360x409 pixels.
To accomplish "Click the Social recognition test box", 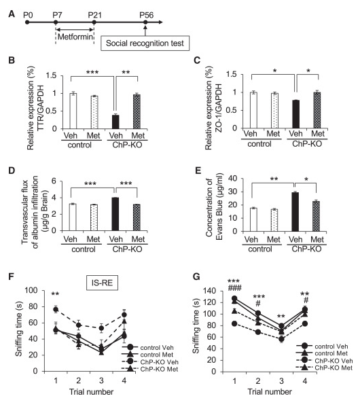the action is tap(145, 43).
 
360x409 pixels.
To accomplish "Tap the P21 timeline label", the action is tap(94, 15).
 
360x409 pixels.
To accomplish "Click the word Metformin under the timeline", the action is tap(75, 37).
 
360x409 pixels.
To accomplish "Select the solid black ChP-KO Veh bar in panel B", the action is tap(115, 122).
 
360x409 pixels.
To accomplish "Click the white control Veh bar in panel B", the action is tap(73, 111).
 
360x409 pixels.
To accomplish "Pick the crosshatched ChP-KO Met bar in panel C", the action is tap(317, 110).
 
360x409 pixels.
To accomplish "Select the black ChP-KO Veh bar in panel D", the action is tap(115, 214).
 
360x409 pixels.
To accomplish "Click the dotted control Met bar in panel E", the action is tap(274, 220).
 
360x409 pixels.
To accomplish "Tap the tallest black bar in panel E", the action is tap(295, 212).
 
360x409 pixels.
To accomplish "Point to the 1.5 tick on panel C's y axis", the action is tap(231, 74).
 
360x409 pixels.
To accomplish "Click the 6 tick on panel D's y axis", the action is tap(54, 181).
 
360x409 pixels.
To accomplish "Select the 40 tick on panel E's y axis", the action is tap(232, 179).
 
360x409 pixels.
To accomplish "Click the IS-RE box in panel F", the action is tap(102, 283).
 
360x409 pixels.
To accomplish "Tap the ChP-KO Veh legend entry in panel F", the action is tap(150, 362).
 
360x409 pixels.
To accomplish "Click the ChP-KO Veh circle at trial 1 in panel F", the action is tap(56, 310).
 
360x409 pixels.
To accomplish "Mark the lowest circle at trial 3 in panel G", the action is tap(281, 339).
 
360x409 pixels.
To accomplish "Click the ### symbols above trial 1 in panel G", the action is tap(234, 288).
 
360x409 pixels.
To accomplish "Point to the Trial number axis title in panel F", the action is tap(91, 392).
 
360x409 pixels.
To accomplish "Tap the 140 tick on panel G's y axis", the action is tap(211, 291).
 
